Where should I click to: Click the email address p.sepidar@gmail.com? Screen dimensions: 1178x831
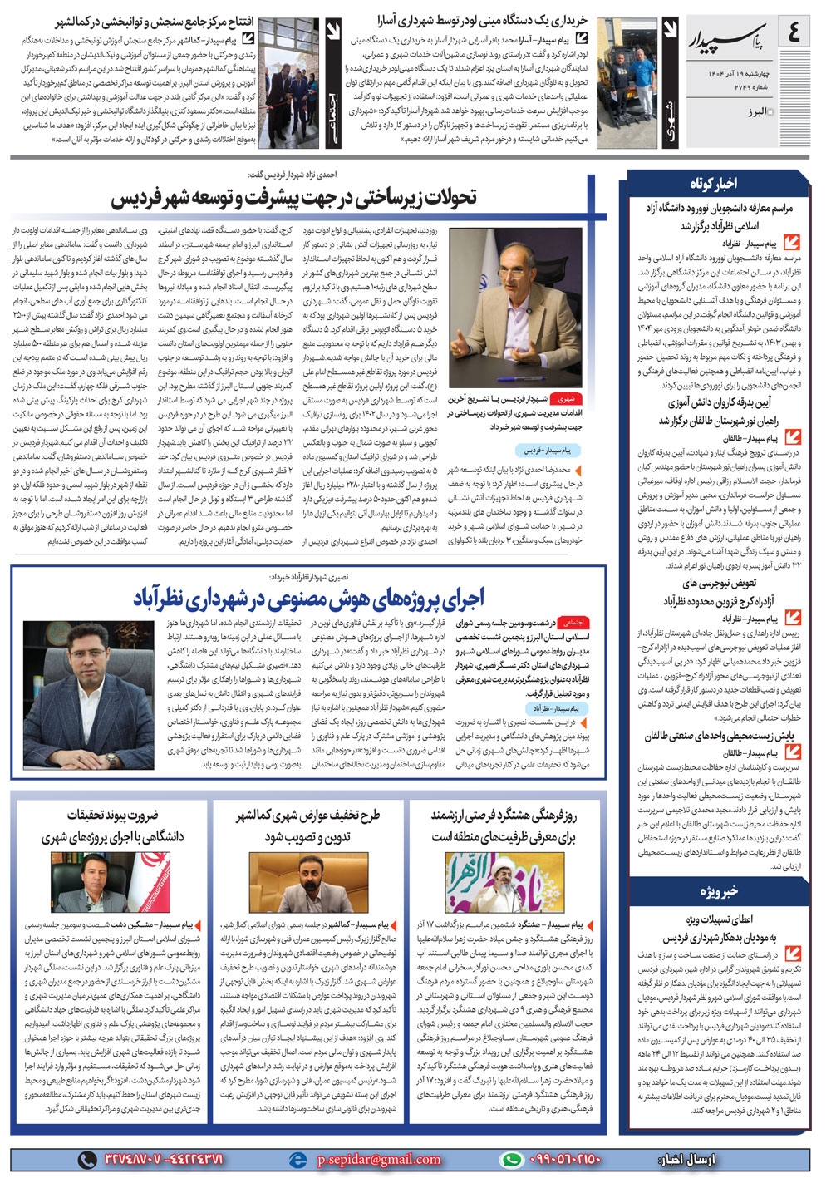[379, 1159]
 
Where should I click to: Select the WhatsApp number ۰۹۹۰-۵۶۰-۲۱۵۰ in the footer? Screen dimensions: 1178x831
[565, 1159]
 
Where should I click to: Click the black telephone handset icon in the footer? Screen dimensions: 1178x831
[86, 1159]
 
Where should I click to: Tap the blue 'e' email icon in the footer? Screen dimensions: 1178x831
[297, 1159]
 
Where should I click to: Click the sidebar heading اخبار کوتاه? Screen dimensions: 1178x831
[713, 184]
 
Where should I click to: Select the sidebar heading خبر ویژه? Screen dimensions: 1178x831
[718, 892]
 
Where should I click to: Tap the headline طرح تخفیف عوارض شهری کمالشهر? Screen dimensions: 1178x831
[308, 826]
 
